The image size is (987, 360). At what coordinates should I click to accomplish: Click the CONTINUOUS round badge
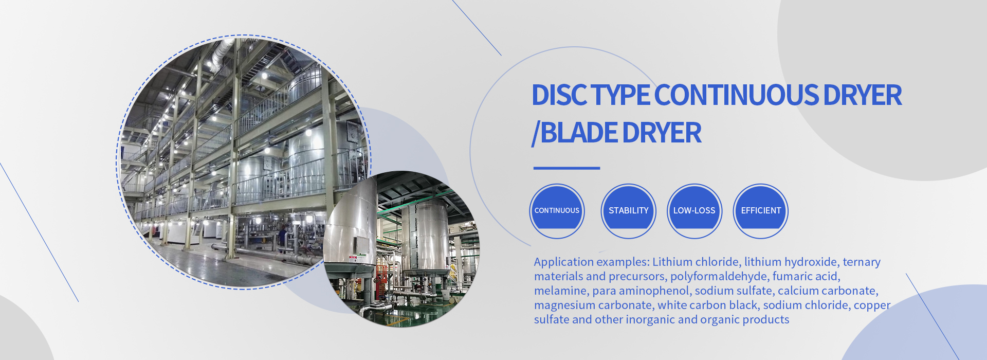[x=557, y=211]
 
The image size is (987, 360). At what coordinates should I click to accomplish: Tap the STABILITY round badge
[x=628, y=211]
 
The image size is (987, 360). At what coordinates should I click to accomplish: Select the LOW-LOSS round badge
[x=694, y=211]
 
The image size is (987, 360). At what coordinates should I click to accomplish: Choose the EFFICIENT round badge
[x=761, y=211]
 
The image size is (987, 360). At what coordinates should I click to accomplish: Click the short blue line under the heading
[x=566, y=168]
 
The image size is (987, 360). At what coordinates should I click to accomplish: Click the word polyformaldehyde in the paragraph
[x=719, y=277]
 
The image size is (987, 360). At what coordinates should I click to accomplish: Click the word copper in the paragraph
[x=872, y=305]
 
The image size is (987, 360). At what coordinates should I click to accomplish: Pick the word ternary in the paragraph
[x=862, y=262]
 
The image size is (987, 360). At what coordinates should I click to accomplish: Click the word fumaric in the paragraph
[x=792, y=277]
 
